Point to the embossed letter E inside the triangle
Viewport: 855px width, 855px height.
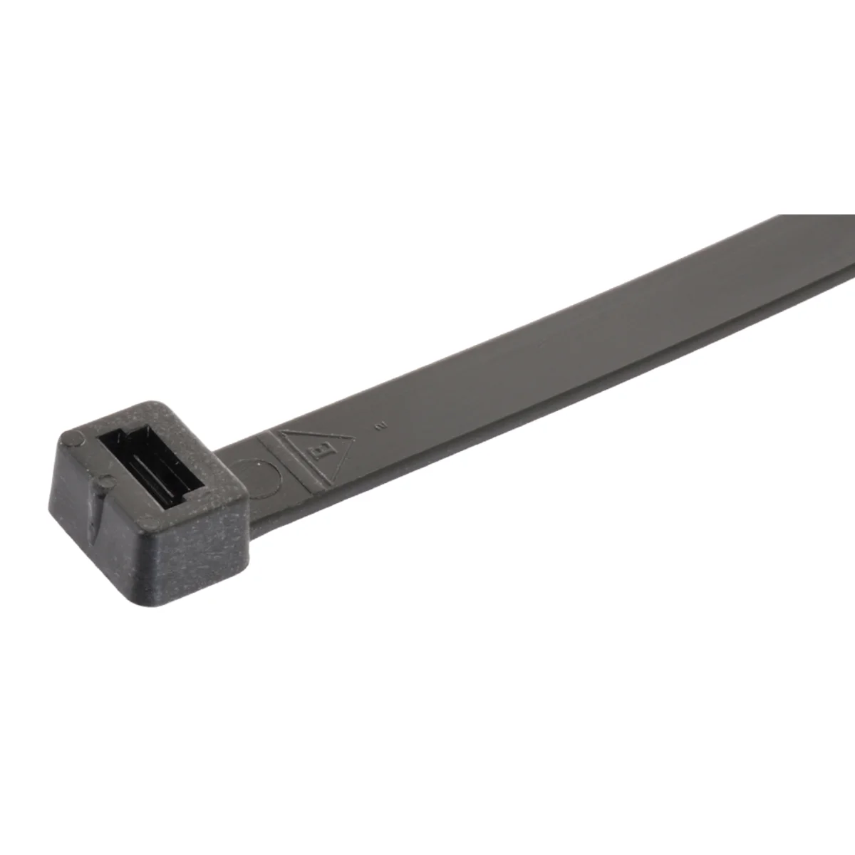pos(321,450)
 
